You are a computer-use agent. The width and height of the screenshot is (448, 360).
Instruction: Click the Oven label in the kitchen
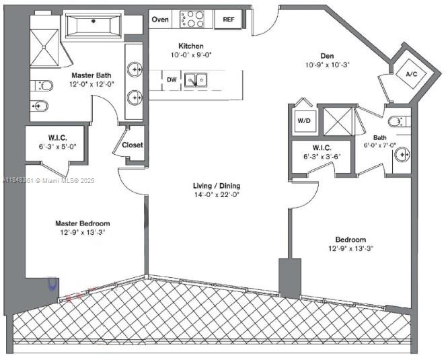click(x=160, y=20)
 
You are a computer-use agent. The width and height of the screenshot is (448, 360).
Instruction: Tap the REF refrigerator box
click(x=228, y=20)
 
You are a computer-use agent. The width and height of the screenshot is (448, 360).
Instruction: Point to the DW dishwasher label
click(x=172, y=80)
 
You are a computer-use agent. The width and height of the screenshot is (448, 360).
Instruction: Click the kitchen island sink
click(x=196, y=81)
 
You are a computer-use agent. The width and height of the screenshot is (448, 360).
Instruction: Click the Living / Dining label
click(x=216, y=186)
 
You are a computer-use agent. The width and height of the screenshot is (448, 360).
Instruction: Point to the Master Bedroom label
click(x=82, y=223)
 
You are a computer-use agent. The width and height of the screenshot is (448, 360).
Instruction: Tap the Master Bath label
click(x=91, y=75)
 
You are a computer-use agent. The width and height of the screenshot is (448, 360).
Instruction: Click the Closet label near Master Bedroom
click(x=133, y=145)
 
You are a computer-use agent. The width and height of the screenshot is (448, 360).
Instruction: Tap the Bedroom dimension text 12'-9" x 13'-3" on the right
click(x=350, y=248)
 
